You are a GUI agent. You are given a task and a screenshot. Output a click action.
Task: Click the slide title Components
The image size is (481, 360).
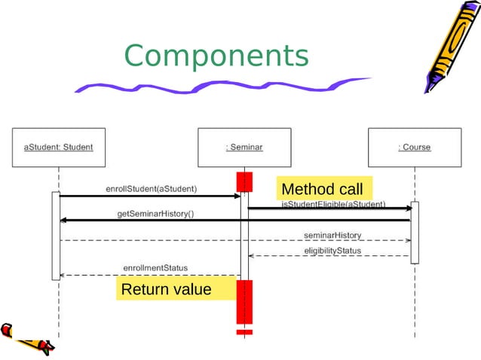[216, 56]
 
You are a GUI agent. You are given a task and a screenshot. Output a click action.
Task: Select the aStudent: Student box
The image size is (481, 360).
[59, 148]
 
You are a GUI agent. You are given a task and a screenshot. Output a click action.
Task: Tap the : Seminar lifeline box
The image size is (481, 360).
[244, 148]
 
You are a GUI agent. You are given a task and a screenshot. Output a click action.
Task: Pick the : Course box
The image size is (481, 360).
[414, 148]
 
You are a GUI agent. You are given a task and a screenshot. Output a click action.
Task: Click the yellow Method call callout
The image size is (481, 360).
[322, 188]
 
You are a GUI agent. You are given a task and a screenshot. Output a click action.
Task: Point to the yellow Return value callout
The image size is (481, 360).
[167, 289]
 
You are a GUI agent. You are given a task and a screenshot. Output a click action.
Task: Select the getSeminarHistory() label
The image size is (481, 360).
[155, 214]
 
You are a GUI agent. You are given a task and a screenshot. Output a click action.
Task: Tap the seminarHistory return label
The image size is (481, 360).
[332, 235]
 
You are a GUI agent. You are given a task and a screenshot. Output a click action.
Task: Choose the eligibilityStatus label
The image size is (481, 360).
[332, 250]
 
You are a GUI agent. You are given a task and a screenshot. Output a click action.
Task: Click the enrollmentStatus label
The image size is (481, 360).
[155, 267]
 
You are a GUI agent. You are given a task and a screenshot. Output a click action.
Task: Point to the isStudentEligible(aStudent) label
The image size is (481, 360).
[333, 204]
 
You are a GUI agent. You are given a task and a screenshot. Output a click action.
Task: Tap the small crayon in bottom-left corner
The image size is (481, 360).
[26, 339]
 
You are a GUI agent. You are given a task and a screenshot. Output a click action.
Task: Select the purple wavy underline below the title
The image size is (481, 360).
[219, 86]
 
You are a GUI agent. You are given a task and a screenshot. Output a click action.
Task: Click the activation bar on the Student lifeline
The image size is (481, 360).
[56, 235]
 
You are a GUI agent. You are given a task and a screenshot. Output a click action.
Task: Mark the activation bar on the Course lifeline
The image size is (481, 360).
[414, 232]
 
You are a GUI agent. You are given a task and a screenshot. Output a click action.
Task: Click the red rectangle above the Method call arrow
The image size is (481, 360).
[244, 182]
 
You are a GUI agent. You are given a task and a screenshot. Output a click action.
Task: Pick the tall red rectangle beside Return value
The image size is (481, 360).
[244, 301]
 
